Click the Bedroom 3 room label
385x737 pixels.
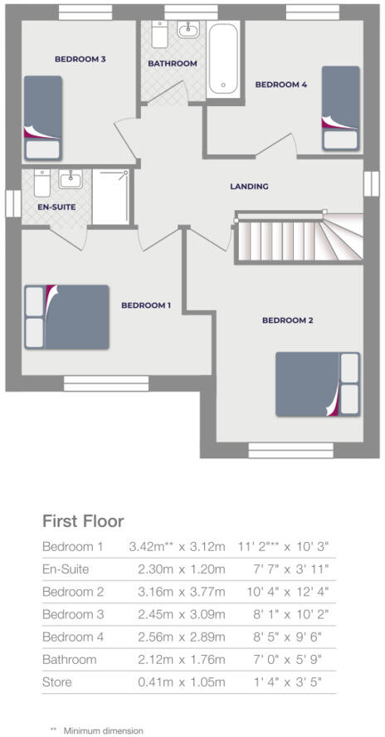point(79,59)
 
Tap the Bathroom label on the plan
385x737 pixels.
point(173,64)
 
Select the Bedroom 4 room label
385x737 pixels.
point(280,85)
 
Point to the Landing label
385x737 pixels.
point(249,187)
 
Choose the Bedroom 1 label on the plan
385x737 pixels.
point(146,305)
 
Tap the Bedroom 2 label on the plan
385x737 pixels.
point(287,320)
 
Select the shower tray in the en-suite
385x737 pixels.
point(111,196)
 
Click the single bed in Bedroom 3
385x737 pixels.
point(43,117)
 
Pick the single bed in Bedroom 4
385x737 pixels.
point(340,108)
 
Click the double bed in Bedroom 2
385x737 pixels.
point(319,383)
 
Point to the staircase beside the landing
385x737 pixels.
point(299,237)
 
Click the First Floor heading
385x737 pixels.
point(83,521)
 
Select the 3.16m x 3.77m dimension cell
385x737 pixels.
point(177,592)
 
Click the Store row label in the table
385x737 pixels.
point(57,681)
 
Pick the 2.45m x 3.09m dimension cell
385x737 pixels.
point(177,614)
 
